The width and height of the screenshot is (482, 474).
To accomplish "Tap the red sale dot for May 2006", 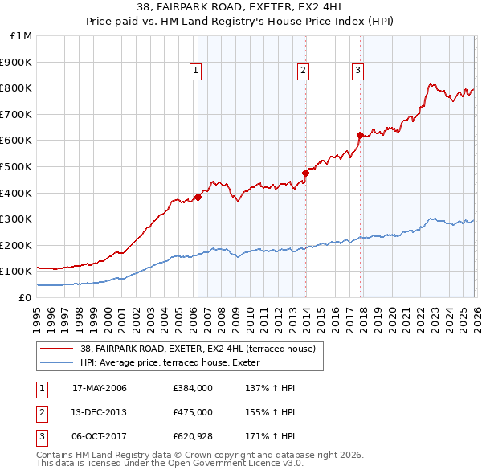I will [x=198, y=197].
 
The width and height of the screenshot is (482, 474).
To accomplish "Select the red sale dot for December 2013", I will [x=305, y=173].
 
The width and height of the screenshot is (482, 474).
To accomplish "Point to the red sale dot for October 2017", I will [x=360, y=135].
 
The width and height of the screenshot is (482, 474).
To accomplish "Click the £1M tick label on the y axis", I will [x=22, y=36].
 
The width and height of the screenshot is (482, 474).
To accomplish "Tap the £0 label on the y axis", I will [x=24, y=297].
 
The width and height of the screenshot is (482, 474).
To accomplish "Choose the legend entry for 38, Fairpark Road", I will [x=202, y=349].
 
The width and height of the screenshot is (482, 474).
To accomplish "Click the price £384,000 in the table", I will [x=193, y=388].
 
